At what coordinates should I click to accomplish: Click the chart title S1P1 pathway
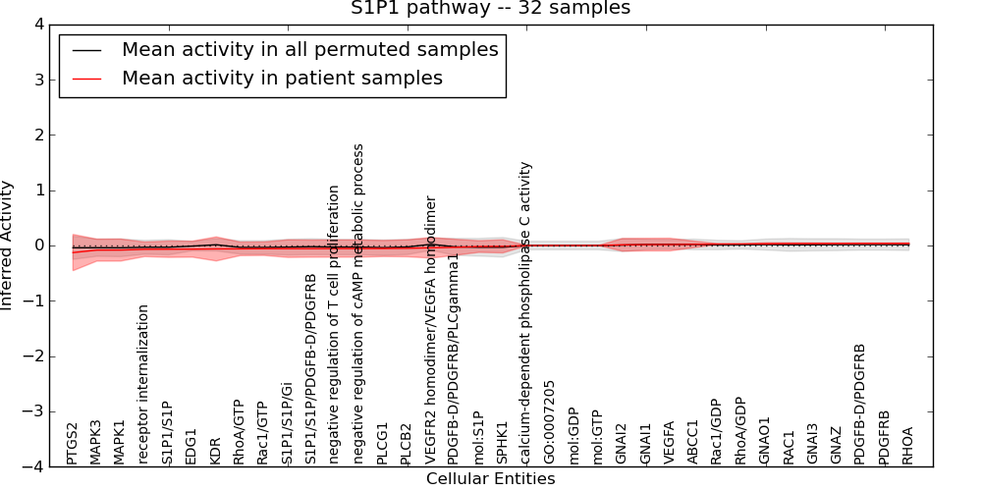(490, 9)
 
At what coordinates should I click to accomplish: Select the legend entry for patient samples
(282, 78)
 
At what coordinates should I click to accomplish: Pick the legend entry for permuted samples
(309, 49)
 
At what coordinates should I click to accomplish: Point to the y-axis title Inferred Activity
(8, 245)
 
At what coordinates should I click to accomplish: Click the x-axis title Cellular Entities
(490, 479)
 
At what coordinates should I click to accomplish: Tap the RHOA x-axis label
(907, 445)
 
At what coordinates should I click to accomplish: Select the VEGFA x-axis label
(669, 443)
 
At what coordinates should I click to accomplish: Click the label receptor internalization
(143, 384)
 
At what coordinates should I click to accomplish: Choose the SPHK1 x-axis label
(502, 443)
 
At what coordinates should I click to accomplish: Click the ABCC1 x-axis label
(692, 444)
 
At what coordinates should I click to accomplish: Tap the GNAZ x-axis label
(836, 446)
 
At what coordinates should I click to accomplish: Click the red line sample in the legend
(86, 78)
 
